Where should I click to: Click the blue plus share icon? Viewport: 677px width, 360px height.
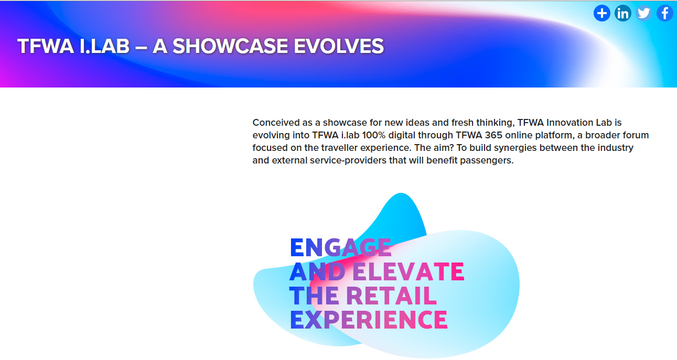click(601, 13)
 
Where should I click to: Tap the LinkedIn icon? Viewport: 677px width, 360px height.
click(623, 13)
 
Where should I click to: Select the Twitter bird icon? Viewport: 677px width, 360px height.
click(644, 13)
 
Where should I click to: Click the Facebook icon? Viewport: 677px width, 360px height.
click(665, 13)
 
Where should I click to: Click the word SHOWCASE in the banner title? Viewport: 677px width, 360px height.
click(230, 46)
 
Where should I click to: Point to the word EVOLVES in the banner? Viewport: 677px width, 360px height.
click(339, 46)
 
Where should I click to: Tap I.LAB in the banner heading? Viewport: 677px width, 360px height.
click(104, 46)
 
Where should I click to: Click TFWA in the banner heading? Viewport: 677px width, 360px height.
click(46, 46)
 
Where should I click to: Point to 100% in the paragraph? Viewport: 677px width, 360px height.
click(374, 135)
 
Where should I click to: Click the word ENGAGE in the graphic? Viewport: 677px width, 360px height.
click(341, 247)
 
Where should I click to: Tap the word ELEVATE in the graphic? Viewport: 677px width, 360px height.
click(409, 271)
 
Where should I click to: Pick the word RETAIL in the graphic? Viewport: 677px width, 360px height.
click(391, 296)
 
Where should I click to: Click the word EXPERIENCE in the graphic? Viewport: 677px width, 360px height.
click(369, 320)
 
